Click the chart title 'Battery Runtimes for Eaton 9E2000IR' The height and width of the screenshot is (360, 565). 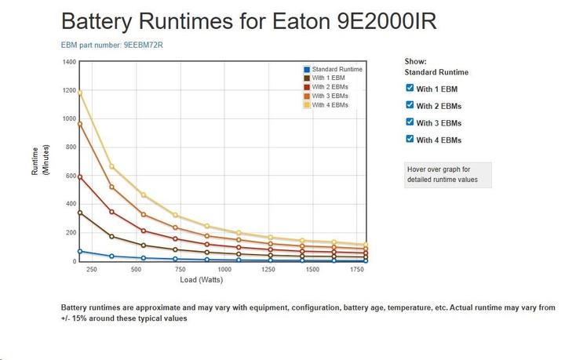249,21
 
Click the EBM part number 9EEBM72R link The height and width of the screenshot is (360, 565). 112,45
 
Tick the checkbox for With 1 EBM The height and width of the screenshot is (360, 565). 410,88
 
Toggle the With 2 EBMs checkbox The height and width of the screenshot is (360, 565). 410,105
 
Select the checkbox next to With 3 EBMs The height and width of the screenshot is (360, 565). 410,122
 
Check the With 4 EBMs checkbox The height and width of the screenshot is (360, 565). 410,140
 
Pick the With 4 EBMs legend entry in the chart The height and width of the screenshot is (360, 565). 330,104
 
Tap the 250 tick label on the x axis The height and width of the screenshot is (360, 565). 91,270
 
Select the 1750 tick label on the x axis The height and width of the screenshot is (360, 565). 356,270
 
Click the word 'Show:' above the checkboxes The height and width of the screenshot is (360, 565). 416,61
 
